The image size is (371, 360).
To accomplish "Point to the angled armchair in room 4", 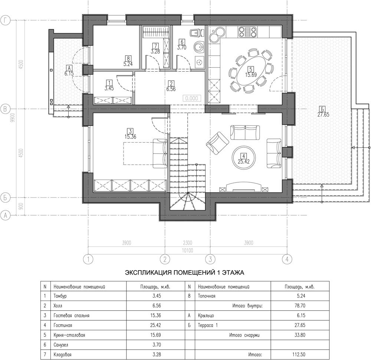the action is coord(217,143).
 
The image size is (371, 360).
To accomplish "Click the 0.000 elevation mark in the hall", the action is coord(192,98).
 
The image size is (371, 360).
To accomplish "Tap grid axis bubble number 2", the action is coord(165,259).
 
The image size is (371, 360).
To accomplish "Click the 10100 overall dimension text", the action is coord(188,251).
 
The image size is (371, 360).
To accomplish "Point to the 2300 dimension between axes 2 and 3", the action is coord(187,243).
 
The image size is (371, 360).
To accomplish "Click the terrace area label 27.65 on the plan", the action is coord(323,115).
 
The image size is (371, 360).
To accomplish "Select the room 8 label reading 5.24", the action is coord(128,64).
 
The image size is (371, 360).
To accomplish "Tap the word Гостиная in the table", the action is coord(63,325).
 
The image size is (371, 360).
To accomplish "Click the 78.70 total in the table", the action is coord(300,305).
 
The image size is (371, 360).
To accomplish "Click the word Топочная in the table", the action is coord(207,296).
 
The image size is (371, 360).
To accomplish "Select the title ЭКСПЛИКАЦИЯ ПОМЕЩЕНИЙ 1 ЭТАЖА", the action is coord(184,273).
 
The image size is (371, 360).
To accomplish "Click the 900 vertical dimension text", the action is coord(21,206).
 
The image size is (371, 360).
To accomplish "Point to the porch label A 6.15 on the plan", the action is coord(69,71).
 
